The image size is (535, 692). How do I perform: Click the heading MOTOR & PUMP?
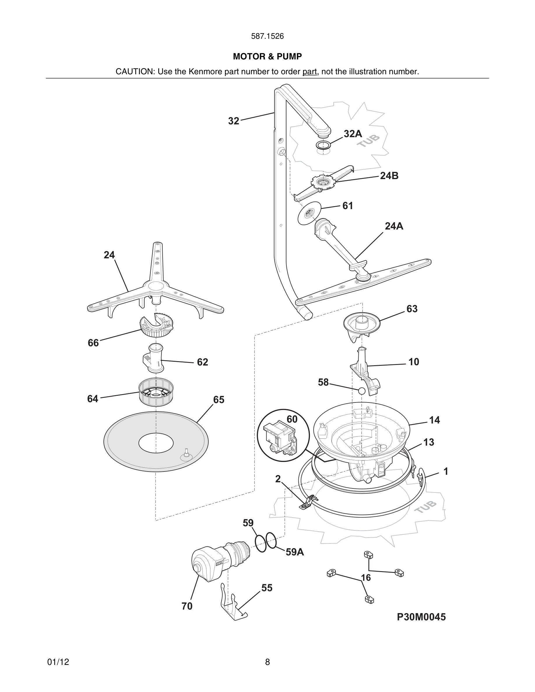pos(267,57)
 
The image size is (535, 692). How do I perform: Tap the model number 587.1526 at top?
pos(267,36)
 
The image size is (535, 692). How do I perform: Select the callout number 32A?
pos(353,134)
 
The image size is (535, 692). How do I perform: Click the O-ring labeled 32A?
pos(323,145)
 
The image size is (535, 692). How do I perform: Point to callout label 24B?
pos(389,176)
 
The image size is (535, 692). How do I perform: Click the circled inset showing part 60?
pos(283,435)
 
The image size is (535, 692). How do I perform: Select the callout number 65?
pos(219,400)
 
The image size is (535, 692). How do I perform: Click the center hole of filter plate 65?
pos(156,443)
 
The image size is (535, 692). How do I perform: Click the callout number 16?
pos(366,578)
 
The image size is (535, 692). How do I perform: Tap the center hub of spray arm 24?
pos(155,285)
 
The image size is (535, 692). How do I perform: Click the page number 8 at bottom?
pos(267,662)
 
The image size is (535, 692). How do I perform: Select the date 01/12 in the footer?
pos(58,662)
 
